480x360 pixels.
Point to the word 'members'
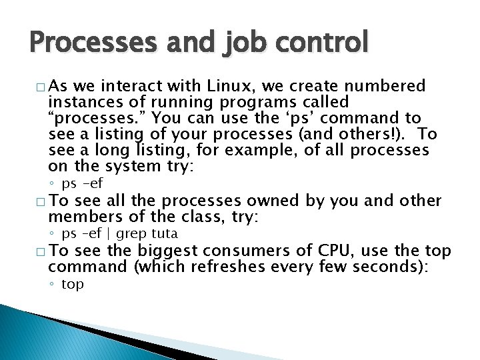click(81, 217)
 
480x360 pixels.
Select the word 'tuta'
click(165, 234)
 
